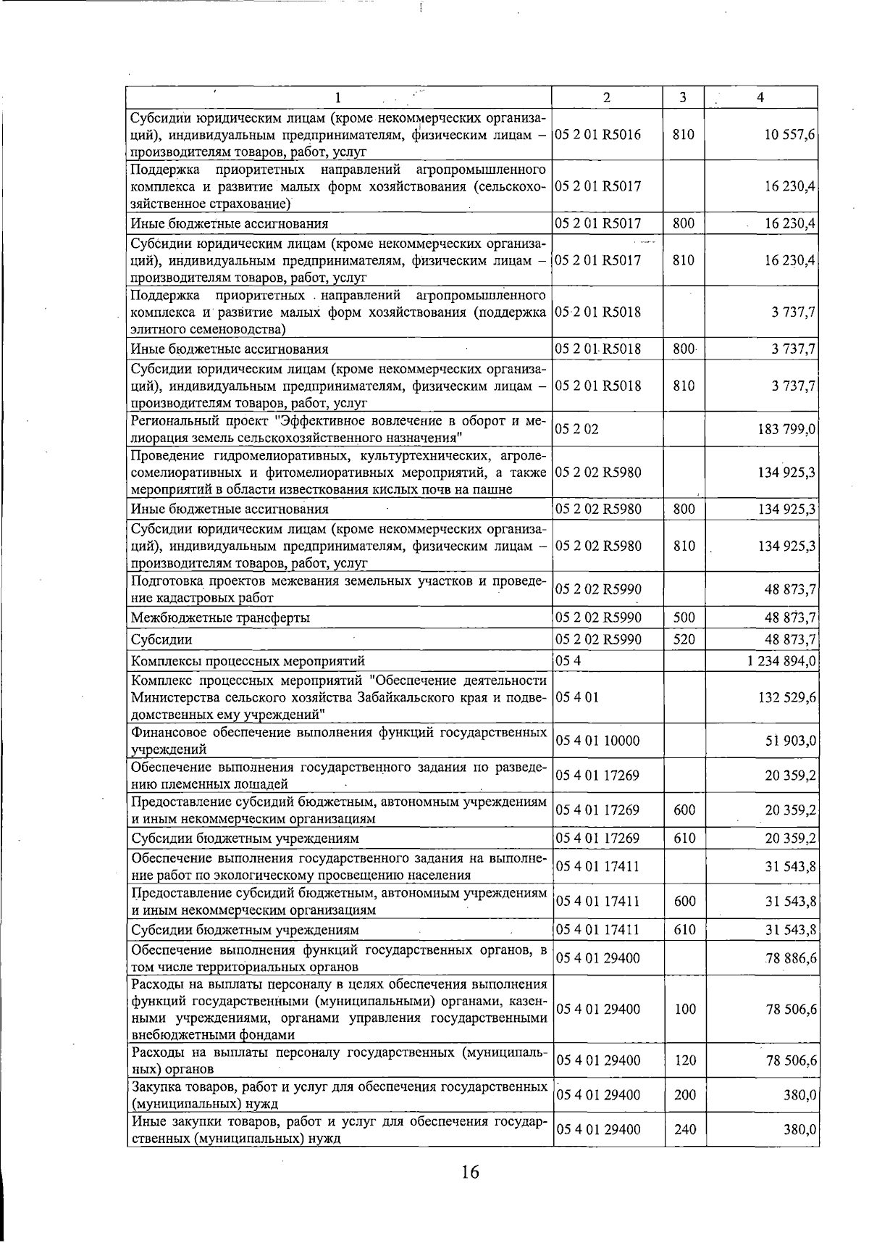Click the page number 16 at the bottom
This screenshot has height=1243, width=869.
(469, 1172)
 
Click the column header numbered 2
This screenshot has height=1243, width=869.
(607, 97)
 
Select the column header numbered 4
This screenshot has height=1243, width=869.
(760, 97)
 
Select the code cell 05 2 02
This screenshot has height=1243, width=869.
(577, 430)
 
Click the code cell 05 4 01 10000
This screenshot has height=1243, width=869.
(597, 741)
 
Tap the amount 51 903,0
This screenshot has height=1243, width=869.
(791, 741)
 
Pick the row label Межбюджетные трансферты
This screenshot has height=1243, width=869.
(220, 618)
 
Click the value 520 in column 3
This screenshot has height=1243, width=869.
(684, 639)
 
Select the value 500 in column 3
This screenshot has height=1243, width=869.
(684, 618)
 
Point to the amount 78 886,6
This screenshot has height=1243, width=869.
(791, 958)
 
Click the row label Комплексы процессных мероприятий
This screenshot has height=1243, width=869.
(248, 661)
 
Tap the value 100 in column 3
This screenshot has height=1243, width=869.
(684, 1009)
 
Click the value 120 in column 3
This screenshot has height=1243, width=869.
(684, 1060)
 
